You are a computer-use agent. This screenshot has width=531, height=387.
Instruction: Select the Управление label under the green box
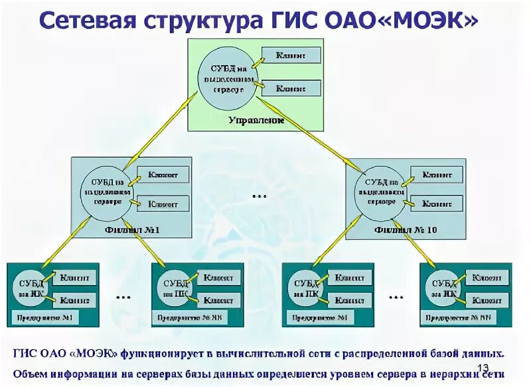[x=256, y=121]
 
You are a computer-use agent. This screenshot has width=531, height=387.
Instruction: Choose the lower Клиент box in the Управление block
[x=291, y=87]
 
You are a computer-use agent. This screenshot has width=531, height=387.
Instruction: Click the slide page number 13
[x=483, y=368]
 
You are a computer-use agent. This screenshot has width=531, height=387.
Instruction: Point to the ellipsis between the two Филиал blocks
[x=260, y=197]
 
